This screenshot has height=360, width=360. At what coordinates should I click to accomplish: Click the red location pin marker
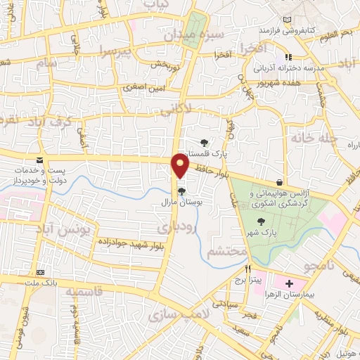(x=181, y=165)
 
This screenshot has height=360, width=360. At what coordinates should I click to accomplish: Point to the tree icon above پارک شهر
(x=262, y=221)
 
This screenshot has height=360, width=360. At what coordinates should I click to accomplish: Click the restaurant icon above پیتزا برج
(x=248, y=269)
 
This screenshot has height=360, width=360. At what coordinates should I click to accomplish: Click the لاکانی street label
(x=191, y=110)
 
